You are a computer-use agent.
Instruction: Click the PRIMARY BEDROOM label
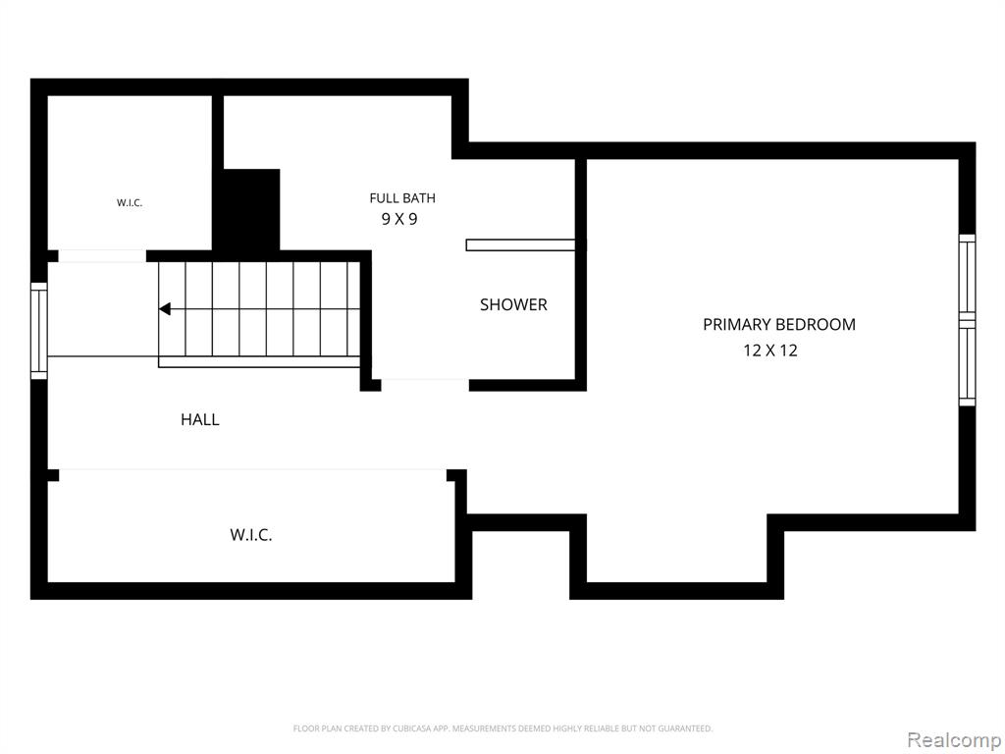pyautogui.click(x=778, y=324)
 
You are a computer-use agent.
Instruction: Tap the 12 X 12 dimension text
pyautogui.click(x=770, y=350)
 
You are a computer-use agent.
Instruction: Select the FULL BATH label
pyautogui.click(x=402, y=198)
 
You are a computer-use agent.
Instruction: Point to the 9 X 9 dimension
pyautogui.click(x=399, y=219)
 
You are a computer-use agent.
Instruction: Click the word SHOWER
pyautogui.click(x=513, y=304)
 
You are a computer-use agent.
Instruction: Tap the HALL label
pyautogui.click(x=200, y=419)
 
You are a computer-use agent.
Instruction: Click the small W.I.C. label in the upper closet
pyautogui.click(x=130, y=202)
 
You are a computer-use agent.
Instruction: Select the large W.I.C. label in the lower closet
pyautogui.click(x=251, y=535)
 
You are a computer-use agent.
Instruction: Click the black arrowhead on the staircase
pyautogui.click(x=165, y=309)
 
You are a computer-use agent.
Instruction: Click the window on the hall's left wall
pyautogui.click(x=39, y=331)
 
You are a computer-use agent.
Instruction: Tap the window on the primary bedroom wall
pyautogui.click(x=967, y=321)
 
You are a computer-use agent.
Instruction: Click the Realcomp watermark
pyautogui.click(x=954, y=739)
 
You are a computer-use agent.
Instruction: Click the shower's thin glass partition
pyautogui.click(x=520, y=244)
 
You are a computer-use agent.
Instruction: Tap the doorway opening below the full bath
pyautogui.click(x=425, y=385)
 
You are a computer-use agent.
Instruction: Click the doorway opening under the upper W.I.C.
pyautogui.click(x=102, y=256)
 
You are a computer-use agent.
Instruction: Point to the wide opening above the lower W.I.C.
pyautogui.click(x=252, y=470)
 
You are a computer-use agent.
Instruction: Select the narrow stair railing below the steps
pyautogui.click(x=259, y=362)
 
